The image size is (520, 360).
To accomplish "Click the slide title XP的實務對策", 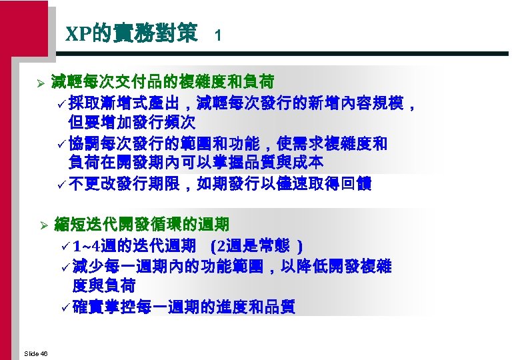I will coord(131,33).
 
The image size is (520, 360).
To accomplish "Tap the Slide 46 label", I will coord(35,353).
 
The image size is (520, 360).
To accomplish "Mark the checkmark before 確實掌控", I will coord(65,308).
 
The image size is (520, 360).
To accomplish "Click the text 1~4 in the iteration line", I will coord(89,247).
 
